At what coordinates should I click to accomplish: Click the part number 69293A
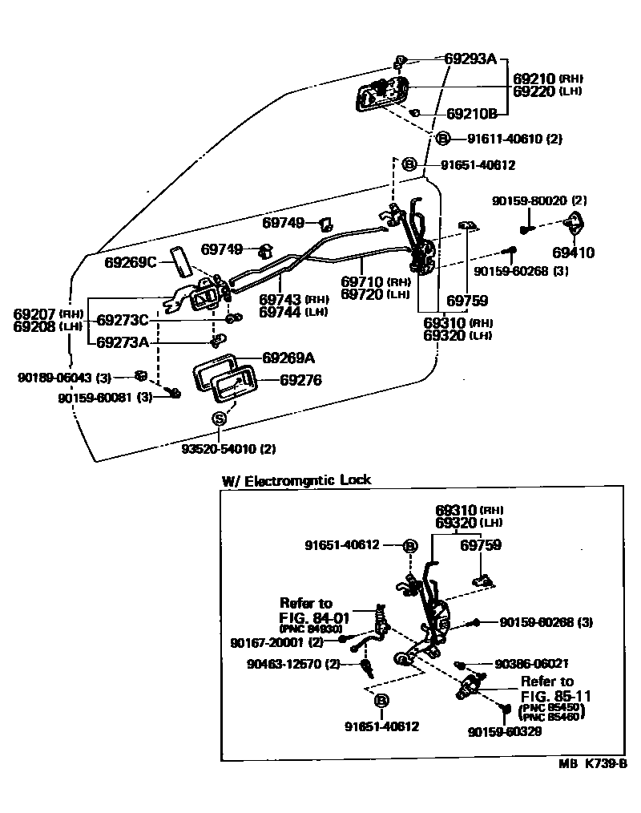(471, 59)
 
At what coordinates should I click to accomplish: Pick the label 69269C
(132, 262)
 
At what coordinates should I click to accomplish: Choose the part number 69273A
(123, 342)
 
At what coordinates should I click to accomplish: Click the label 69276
(300, 380)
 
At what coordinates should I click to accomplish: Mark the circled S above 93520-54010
(220, 419)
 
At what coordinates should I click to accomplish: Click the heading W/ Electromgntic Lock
(296, 481)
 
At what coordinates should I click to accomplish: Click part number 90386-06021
(532, 664)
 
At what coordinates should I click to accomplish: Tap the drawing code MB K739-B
(592, 765)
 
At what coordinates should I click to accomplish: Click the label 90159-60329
(506, 732)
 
